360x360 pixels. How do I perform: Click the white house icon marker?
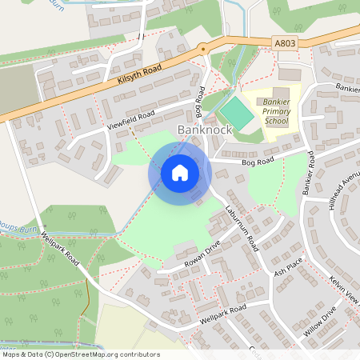(x=180, y=173)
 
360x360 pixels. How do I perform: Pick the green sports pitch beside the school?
(x=236, y=111)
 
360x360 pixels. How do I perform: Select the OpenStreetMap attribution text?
(x=80, y=354)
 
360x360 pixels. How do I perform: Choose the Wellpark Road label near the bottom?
(x=223, y=312)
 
